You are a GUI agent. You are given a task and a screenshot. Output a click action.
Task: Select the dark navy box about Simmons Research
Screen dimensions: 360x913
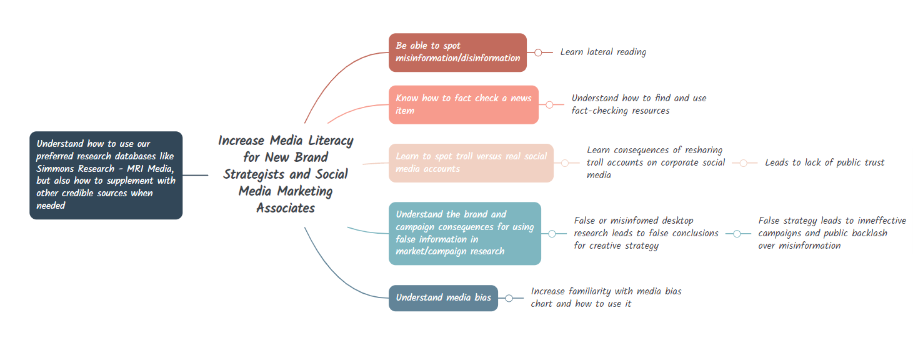[x=106, y=175]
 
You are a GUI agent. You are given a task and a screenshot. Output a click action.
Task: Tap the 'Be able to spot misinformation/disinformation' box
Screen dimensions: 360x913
[x=457, y=52]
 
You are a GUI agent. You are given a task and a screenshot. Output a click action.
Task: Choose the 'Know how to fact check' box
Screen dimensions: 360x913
[x=463, y=104]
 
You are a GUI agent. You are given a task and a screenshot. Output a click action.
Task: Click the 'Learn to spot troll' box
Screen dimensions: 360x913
[x=471, y=162]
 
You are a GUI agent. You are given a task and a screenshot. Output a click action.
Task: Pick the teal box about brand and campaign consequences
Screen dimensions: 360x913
[x=464, y=233]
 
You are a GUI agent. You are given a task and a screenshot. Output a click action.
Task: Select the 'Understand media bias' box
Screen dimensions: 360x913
[x=443, y=297]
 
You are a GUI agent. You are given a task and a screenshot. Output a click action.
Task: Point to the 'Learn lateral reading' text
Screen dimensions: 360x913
[x=603, y=52]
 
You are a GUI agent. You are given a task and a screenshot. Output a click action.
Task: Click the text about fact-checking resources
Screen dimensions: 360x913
[x=639, y=104]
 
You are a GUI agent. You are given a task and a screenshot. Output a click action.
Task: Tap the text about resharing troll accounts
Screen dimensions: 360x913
[x=656, y=162]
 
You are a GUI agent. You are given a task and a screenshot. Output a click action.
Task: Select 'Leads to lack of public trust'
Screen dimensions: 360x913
[x=824, y=162]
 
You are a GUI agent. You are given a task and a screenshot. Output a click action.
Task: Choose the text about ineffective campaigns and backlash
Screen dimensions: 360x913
[x=832, y=233]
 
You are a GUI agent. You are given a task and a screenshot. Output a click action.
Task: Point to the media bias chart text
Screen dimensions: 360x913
[x=606, y=297]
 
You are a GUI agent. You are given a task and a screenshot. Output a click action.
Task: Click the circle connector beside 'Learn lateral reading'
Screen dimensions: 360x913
[x=538, y=52]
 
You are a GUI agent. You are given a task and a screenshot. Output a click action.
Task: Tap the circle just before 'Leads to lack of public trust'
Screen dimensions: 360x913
[x=744, y=163]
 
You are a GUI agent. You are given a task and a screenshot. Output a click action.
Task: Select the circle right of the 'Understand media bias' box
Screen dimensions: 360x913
[x=509, y=298]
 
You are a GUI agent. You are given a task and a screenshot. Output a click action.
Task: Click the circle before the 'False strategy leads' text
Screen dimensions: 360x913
[x=737, y=234]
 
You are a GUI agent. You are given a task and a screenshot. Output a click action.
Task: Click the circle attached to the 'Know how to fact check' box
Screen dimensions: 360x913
[x=549, y=104]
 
